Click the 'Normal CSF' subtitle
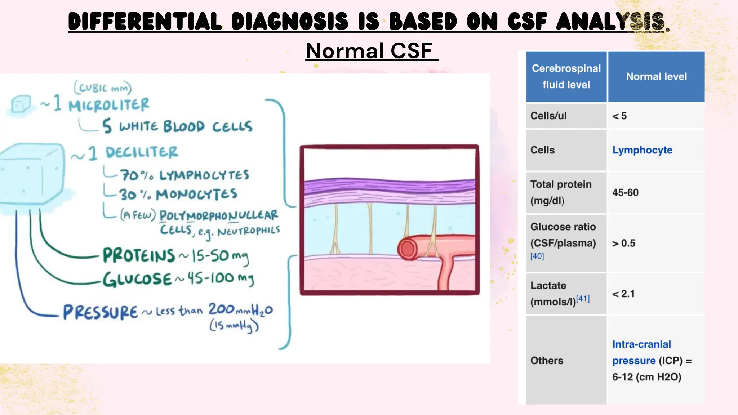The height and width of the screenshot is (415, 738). [371, 51]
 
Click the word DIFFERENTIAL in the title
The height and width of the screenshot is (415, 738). [145, 21]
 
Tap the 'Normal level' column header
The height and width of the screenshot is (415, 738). [656, 77]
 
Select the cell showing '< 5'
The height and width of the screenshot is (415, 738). [619, 116]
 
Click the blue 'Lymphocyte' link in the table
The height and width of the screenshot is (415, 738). [642, 150]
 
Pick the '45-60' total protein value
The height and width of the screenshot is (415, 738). [625, 193]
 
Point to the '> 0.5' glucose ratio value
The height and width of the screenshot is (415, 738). [623, 244]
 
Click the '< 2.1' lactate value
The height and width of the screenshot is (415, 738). [623, 294]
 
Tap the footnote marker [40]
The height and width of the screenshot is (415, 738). [537, 256]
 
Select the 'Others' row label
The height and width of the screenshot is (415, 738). [547, 361]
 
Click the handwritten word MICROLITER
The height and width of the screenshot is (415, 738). [109, 105]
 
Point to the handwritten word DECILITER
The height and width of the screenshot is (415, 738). [142, 152]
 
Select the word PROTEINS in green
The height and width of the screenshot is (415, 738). [139, 255]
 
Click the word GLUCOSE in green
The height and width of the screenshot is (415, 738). [137, 279]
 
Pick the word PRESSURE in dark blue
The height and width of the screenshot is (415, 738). [101, 312]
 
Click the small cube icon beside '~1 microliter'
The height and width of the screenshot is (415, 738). [21, 104]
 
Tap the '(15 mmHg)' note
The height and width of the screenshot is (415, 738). [234, 326]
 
